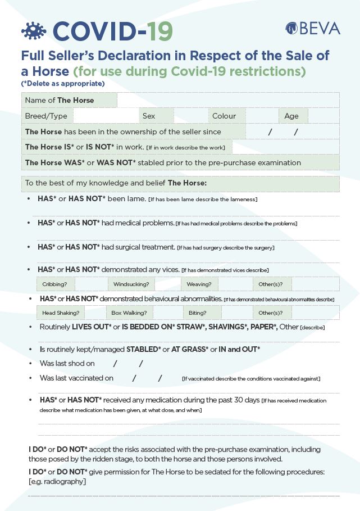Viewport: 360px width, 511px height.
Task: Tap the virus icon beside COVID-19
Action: click(x=34, y=31)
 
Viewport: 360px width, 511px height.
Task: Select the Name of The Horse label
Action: click(x=60, y=100)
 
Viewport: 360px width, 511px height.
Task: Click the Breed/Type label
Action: click(x=46, y=116)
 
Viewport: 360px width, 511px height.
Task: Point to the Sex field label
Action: click(x=149, y=116)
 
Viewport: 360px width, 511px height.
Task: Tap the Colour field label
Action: click(x=224, y=116)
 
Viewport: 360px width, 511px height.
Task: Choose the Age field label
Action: click(x=291, y=116)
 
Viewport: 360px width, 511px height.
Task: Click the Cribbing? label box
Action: click(x=54, y=284)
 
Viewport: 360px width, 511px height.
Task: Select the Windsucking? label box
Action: click(x=131, y=284)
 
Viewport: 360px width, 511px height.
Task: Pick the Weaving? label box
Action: click(x=199, y=284)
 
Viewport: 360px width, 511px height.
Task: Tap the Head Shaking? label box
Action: click(x=61, y=313)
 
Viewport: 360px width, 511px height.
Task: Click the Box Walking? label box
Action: click(x=129, y=313)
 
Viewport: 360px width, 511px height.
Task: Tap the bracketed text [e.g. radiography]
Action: click(x=57, y=481)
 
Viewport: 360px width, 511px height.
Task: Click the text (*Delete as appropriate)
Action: click(x=63, y=84)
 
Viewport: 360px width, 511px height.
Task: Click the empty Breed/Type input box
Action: click(x=106, y=116)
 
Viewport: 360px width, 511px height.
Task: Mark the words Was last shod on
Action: click(x=67, y=363)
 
